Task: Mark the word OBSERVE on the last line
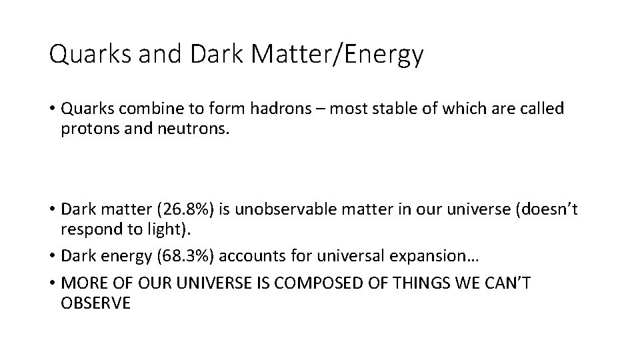pyautogui.click(x=95, y=303)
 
